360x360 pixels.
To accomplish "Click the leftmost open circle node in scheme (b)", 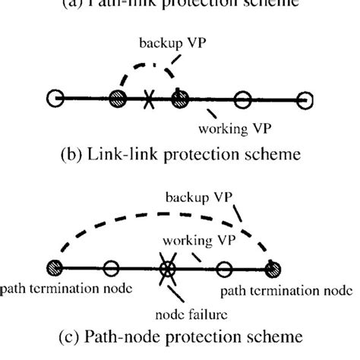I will pyautogui.click(x=54, y=99).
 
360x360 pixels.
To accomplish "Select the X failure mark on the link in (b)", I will pyautogui.click(x=147, y=99).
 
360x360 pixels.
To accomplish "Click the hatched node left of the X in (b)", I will pyautogui.click(x=117, y=99).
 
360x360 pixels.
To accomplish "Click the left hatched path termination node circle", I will pyautogui.click(x=54, y=268).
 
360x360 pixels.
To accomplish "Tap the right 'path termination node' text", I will pyautogui.click(x=287, y=291).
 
